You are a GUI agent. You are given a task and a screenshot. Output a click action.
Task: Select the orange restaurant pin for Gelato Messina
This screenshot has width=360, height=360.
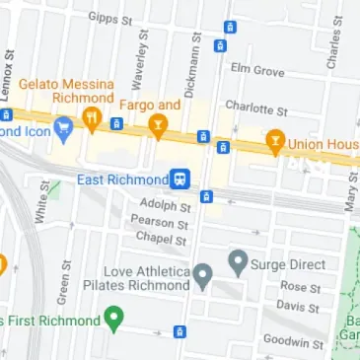(x=92, y=121)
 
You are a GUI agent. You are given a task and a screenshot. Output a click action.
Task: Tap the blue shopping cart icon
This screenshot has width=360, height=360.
(x=64, y=128)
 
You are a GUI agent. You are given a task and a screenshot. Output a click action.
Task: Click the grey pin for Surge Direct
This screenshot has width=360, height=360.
(x=237, y=262)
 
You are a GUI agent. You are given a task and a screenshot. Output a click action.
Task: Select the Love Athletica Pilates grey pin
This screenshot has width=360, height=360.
(x=202, y=275)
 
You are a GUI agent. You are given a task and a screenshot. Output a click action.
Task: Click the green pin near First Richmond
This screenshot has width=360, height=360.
(x=114, y=319)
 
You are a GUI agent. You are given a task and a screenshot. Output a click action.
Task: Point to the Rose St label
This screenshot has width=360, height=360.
(x=294, y=286)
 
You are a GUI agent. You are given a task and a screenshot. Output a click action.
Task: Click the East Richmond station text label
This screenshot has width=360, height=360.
(x=122, y=180)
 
